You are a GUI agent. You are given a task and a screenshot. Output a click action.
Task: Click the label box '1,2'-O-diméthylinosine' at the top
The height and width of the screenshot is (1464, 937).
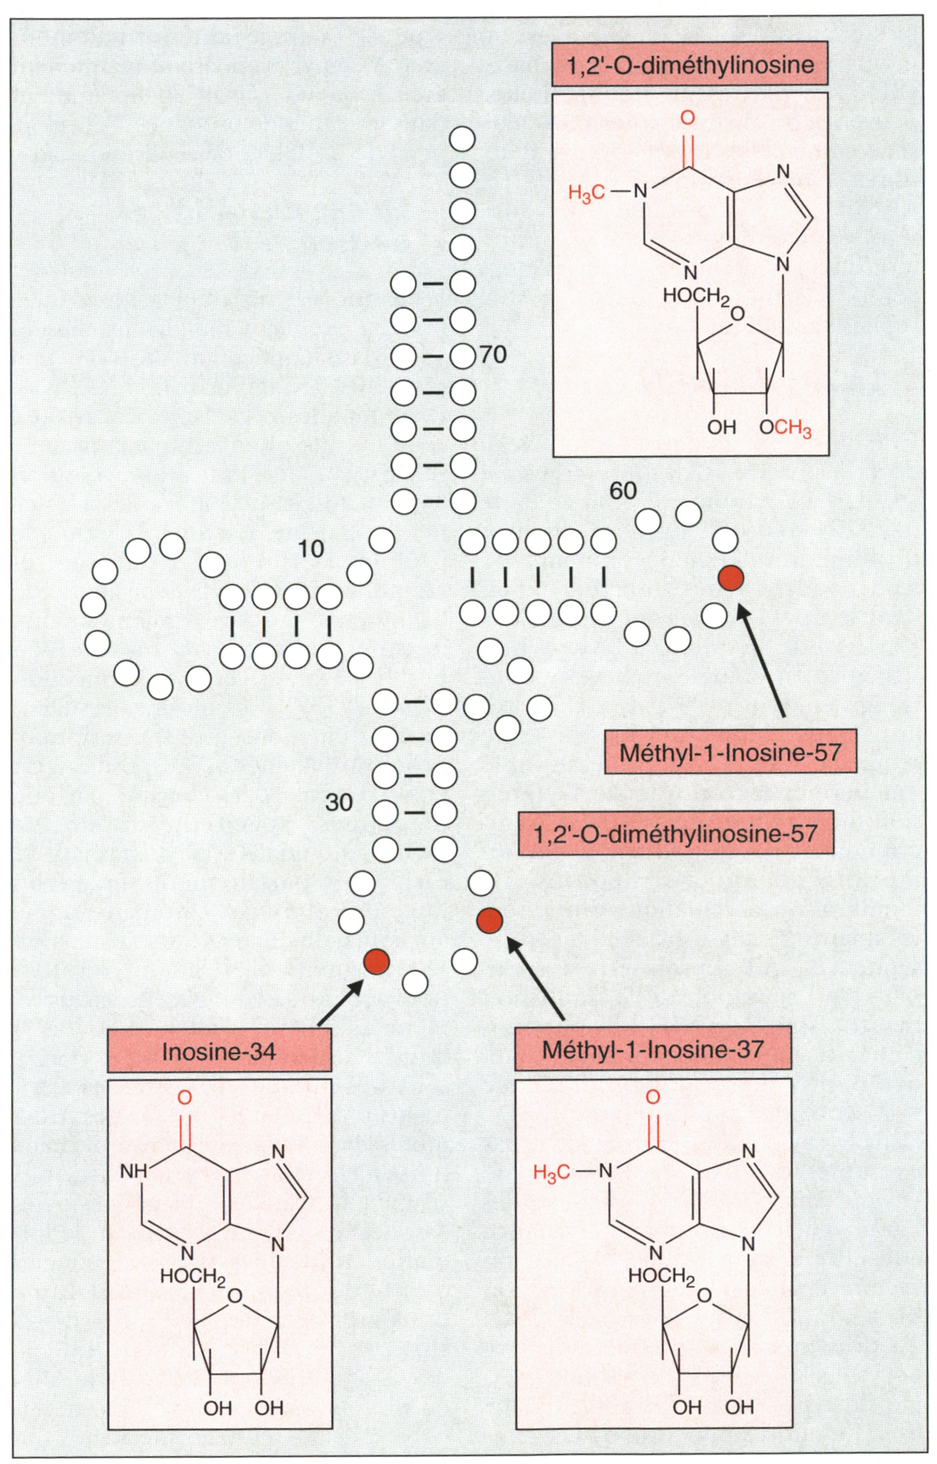pos(689,65)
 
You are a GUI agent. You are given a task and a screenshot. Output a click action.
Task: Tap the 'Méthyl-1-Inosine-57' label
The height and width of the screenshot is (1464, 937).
pos(730,752)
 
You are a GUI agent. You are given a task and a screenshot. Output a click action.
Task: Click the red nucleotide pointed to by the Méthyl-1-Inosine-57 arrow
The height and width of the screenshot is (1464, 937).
pos(730,579)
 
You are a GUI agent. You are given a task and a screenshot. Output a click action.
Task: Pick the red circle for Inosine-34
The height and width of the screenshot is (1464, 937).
pos(376,961)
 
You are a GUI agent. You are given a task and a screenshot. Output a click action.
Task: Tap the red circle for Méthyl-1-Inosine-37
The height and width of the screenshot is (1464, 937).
pos(490,920)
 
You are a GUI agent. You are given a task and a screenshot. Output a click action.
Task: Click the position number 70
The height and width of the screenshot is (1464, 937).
pos(493,355)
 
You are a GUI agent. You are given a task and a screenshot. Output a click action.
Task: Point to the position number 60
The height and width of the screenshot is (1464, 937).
pos(623,491)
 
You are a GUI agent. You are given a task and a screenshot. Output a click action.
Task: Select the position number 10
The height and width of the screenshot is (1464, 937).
pos(310,549)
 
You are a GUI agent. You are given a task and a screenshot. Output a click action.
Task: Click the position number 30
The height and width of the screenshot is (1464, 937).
pos(339,802)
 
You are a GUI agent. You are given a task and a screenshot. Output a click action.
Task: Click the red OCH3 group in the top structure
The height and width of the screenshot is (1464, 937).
pos(785,428)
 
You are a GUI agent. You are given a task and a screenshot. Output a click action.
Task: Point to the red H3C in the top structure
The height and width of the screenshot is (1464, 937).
pos(586,194)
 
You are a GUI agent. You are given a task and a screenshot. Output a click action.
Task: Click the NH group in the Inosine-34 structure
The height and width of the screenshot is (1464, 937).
pos(134,1171)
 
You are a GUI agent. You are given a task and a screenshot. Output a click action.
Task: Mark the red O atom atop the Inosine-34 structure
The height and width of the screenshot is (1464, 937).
pos(185,1096)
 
